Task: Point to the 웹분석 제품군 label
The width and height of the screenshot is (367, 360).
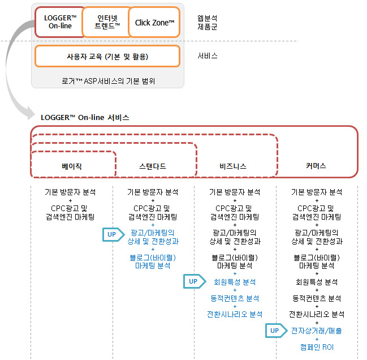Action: pos(208,23)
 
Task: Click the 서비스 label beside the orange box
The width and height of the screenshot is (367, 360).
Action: pos(208,55)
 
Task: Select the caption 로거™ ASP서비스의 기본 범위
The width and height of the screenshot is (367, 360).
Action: pos(108,81)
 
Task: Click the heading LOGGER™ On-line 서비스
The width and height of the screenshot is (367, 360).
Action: pos(85,117)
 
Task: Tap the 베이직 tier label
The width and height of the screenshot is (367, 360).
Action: pos(72,166)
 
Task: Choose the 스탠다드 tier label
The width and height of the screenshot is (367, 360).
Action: pos(153,166)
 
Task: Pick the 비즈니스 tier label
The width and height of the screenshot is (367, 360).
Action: pos(233,166)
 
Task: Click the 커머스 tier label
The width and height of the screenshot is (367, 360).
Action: pos(316,166)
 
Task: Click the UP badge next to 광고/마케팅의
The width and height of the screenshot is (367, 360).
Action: pos(113,234)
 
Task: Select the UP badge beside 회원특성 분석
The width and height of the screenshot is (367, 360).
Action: pos(195,281)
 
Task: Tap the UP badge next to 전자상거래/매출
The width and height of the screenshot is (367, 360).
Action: pos(276,331)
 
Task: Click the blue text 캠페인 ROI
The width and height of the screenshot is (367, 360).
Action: pos(317,347)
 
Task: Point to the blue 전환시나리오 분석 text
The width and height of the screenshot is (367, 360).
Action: pos(235,314)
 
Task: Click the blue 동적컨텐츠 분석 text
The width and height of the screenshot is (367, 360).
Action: pos(235,298)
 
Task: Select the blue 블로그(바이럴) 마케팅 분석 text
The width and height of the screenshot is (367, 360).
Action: pos(153,262)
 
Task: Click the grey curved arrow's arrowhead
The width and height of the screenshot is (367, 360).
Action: pos(31,113)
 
